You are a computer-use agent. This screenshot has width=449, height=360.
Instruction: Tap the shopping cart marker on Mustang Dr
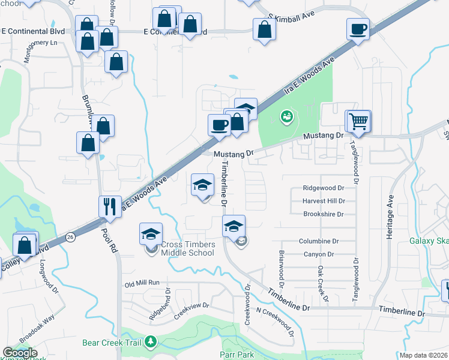pos(358,122)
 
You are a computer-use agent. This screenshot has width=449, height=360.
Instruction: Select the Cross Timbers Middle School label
pos(188,249)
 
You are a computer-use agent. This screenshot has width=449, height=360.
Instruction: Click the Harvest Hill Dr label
pos(324,201)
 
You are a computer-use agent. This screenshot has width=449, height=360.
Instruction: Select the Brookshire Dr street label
pos(323,214)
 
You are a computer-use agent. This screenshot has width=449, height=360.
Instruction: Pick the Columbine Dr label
pos(319,241)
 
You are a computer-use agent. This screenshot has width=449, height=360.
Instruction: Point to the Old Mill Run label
pos(142,283)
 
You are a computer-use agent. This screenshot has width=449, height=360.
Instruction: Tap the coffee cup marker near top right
pos(358,29)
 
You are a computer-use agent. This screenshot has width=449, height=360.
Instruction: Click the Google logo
pos(20,353)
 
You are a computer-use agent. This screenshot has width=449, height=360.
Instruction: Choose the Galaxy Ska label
pos(429,241)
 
